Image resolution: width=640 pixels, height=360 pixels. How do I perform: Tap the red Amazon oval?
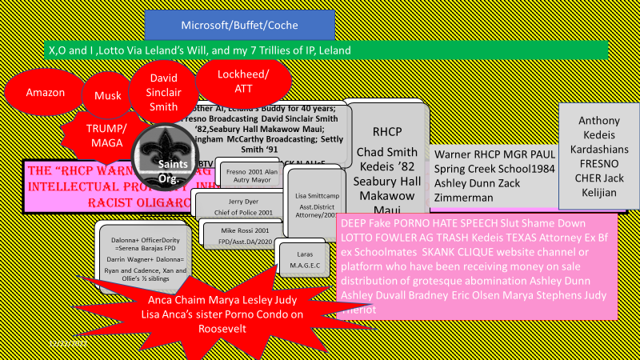45,92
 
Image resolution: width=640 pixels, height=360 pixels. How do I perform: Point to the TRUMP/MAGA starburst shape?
106,137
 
